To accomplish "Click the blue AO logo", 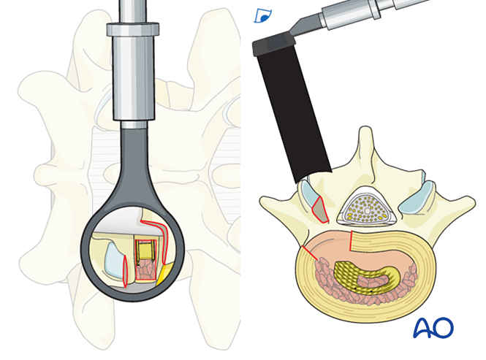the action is click(433, 328).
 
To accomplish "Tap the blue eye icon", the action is click(263, 16).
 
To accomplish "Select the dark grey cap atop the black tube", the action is click(273, 44).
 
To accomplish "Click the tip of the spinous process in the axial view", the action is click(365, 128).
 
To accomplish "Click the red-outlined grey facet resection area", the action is click(320, 210).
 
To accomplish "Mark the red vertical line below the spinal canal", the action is click(350, 240).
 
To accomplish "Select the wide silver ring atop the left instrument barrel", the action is click(133, 28).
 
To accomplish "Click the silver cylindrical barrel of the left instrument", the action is click(134, 77).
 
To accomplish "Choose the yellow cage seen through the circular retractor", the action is click(145, 250).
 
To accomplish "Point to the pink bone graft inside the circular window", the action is click(146, 270).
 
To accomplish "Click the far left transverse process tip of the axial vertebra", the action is click(261, 201).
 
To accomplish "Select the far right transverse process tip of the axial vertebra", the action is click(473, 202).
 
